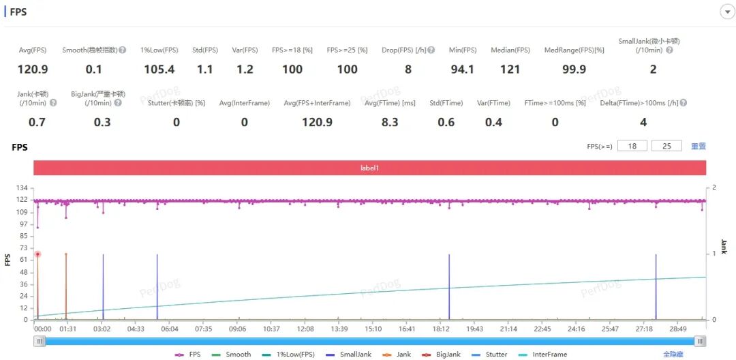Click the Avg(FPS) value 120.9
tap(33, 70)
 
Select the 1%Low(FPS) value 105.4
tap(159, 70)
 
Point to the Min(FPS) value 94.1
tap(462, 70)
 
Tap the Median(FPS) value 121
tap(510, 70)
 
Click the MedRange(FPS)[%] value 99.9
tap(574, 70)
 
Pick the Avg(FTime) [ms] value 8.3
tap(390, 123)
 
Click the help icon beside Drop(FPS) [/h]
tap(431, 50)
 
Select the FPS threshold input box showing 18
tap(632, 146)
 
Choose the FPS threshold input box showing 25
tap(666, 146)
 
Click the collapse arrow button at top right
tap(726, 12)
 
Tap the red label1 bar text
tap(369, 168)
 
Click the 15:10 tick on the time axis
tap(373, 329)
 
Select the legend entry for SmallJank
tap(348, 355)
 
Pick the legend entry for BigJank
tap(442, 355)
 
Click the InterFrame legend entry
tap(544, 355)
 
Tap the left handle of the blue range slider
tap(40, 341)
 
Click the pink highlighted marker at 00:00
tap(37, 254)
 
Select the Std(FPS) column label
tap(205, 50)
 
